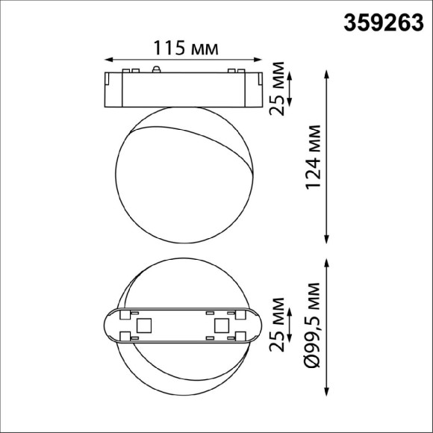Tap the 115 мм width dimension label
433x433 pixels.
[x=186, y=49]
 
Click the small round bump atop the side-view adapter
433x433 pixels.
[x=157, y=69]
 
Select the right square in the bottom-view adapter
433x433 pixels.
[x=221, y=325]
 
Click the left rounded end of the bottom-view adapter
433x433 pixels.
[x=109, y=325]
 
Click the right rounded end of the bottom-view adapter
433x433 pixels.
[x=257, y=325]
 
